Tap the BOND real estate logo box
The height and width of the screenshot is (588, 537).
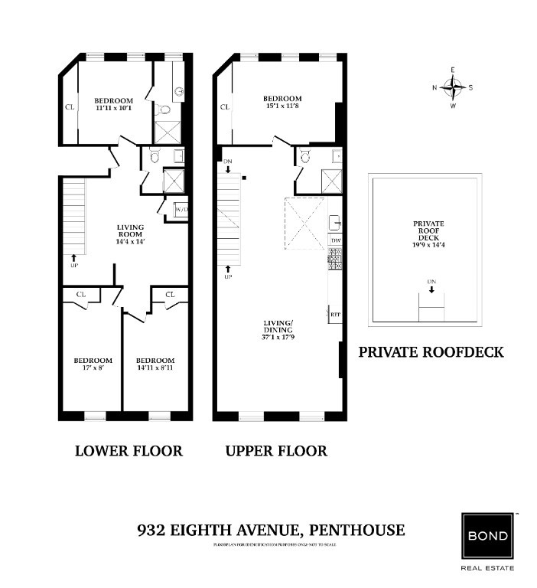pyautogui.click(x=487, y=535)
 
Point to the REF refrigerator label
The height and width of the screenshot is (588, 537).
pyautogui.click(x=335, y=315)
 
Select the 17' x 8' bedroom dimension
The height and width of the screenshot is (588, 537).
pyautogui.click(x=93, y=369)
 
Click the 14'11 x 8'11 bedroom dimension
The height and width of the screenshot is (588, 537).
pyautogui.click(x=155, y=369)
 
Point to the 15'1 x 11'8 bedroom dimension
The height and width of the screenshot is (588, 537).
pyautogui.click(x=282, y=107)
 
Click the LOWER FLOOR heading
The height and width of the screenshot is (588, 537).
pyautogui.click(x=129, y=451)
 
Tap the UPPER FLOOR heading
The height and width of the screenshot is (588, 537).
pyautogui.click(x=276, y=451)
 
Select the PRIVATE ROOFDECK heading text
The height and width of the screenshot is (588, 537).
pyautogui.click(x=431, y=352)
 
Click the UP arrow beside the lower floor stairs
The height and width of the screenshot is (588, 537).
pyautogui.click(x=73, y=260)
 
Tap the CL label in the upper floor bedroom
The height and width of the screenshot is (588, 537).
pyautogui.click(x=225, y=107)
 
